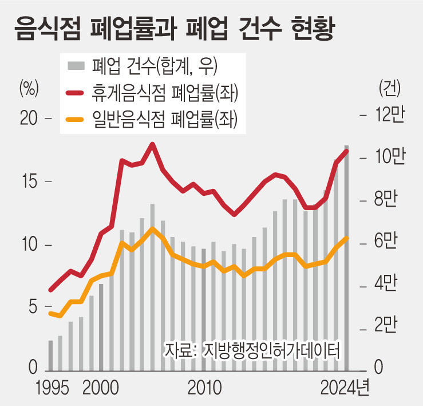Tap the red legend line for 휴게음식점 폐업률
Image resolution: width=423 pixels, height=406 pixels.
pyautogui.click(x=75, y=93)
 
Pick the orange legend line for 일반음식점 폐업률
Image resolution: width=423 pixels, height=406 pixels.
pyautogui.click(x=75, y=119)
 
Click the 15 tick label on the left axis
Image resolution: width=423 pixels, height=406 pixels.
pyautogui.click(x=28, y=182)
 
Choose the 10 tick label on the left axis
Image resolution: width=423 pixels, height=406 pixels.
pyautogui.click(x=28, y=245)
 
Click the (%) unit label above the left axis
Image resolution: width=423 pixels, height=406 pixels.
pyautogui.click(x=29, y=88)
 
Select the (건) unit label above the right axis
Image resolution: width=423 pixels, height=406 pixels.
pyautogui.click(x=389, y=88)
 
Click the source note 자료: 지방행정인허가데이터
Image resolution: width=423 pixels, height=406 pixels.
pyautogui.click(x=252, y=349)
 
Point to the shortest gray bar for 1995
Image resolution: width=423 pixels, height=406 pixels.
pyautogui.click(x=50, y=355)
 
